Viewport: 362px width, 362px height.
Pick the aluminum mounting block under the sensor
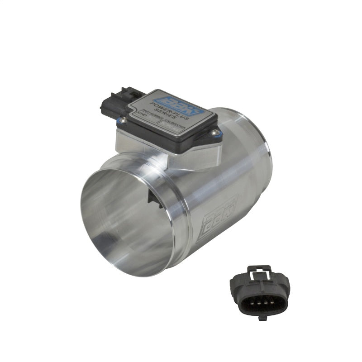(167, 152)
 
